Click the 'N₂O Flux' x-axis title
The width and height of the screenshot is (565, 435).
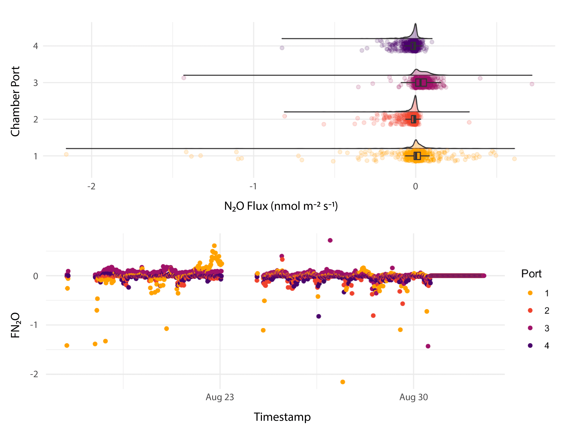point(281,206)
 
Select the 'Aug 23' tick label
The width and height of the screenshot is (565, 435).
point(220,397)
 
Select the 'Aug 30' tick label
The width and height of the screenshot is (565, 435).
point(413,397)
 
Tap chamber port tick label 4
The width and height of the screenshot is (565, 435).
point(35,46)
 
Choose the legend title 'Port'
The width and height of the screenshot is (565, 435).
point(531,274)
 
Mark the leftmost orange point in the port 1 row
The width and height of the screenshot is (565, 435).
point(66,154)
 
